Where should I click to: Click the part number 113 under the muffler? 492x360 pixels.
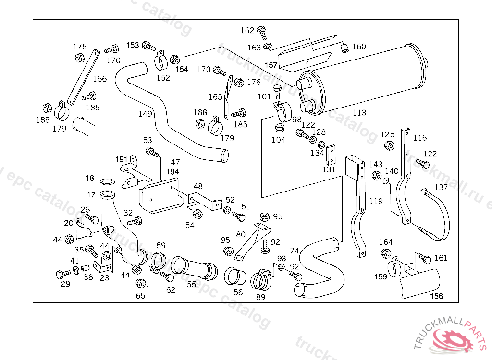(x=359, y=113)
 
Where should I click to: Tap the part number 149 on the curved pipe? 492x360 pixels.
(x=145, y=114)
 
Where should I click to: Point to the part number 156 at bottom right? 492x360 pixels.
(x=436, y=296)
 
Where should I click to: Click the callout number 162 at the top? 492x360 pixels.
(x=247, y=31)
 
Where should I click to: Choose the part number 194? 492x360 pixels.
(x=173, y=171)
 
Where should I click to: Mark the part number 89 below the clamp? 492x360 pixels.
(x=261, y=297)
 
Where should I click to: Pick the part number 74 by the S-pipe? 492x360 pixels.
(x=295, y=251)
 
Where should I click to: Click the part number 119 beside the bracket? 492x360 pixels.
(x=376, y=201)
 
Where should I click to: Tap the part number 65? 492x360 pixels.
(x=140, y=296)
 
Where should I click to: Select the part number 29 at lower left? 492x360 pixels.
(x=65, y=284)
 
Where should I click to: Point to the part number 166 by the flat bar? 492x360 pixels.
(x=100, y=79)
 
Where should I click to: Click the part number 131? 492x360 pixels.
(x=329, y=169)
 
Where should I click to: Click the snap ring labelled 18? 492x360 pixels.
(x=108, y=181)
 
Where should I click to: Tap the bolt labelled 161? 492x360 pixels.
(x=424, y=258)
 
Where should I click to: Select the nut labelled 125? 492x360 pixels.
(x=389, y=145)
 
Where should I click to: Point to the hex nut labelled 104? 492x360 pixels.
(x=279, y=128)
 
